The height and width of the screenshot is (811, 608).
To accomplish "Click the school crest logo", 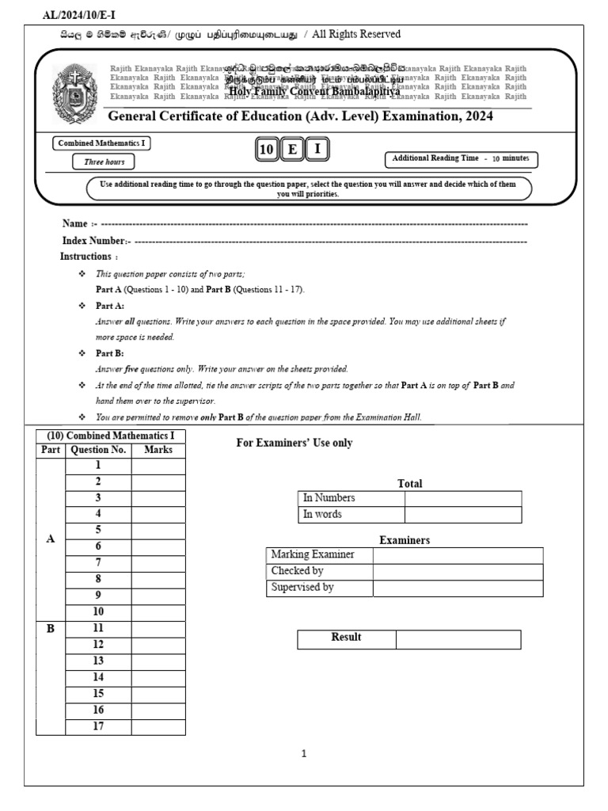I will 76,93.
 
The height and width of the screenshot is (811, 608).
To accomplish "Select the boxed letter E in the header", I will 292,149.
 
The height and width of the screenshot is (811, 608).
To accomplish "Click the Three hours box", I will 104,162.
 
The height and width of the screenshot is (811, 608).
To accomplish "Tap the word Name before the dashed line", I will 74,223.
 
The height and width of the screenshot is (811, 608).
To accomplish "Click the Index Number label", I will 93,240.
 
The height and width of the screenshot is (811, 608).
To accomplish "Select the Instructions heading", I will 85,257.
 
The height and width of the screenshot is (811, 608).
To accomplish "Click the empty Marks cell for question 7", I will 158,562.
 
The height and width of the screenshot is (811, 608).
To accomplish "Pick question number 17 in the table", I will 98,726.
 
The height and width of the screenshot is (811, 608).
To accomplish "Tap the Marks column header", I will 158,450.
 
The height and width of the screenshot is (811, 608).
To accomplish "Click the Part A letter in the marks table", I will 51,539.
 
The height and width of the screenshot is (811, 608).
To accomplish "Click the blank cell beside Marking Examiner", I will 458,555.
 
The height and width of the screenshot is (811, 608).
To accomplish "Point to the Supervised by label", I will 302,588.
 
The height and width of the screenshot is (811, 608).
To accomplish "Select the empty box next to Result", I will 458,639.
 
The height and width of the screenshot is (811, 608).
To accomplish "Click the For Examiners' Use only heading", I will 294,443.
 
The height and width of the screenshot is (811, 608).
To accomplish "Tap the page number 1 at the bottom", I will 304,754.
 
